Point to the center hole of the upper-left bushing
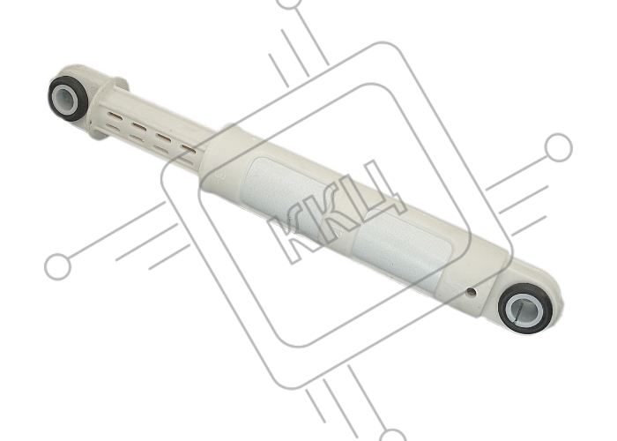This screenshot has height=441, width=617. tap(68, 99)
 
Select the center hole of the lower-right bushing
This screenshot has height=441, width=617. tap(525, 309)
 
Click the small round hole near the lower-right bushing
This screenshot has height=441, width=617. tap(470, 292)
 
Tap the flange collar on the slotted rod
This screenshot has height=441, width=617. tap(107, 108)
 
